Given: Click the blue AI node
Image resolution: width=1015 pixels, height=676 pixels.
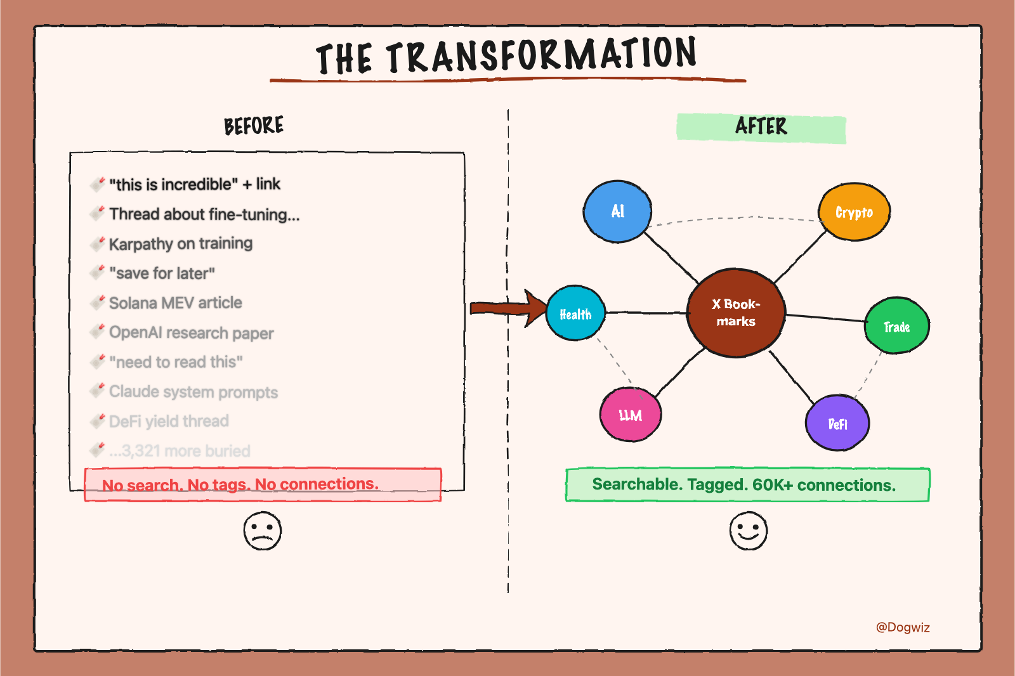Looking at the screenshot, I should [617, 212].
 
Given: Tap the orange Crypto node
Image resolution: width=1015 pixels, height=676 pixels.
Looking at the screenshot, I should [854, 212].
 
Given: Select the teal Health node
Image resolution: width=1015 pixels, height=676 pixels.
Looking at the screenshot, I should [575, 313].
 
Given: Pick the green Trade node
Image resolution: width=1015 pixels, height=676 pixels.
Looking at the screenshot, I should [897, 326].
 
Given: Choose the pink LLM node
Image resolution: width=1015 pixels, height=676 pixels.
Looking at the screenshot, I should [631, 415].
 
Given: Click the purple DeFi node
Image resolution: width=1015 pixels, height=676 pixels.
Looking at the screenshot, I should [837, 423].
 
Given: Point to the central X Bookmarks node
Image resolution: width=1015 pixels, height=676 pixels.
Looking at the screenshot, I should [736, 313].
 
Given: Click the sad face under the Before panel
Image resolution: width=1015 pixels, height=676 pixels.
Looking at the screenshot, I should [262, 531].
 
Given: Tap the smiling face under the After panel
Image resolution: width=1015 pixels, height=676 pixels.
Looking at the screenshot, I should [748, 531].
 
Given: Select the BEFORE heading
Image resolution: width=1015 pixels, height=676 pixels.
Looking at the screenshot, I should [254, 126].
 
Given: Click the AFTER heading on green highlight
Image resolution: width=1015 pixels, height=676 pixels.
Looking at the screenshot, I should [761, 127].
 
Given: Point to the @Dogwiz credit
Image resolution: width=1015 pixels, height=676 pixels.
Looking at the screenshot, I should [903, 627].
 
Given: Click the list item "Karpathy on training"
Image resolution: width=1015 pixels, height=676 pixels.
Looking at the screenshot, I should [180, 244].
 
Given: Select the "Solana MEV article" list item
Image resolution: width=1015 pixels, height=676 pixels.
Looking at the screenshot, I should [175, 303].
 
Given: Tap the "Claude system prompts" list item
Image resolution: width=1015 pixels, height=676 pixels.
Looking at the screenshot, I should [193, 392].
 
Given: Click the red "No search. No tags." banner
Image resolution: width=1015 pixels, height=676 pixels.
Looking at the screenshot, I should [263, 485].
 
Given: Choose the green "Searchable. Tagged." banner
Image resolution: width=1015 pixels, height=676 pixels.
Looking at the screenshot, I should [747, 485].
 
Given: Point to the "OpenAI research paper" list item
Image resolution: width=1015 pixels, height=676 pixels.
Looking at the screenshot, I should [191, 333].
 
